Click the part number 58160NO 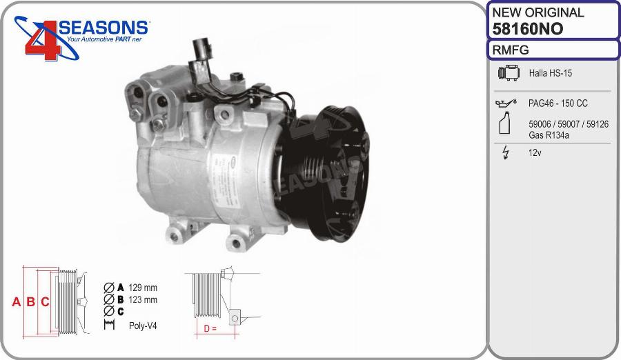coord(528,29)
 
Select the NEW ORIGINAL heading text coord(538,12)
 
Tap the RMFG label coord(511,50)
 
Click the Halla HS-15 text coord(551,73)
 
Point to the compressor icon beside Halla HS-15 coord(509,73)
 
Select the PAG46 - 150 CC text coord(558,103)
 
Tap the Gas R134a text coord(549,135)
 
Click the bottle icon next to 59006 coord(504,123)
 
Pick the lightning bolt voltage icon coord(505,152)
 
